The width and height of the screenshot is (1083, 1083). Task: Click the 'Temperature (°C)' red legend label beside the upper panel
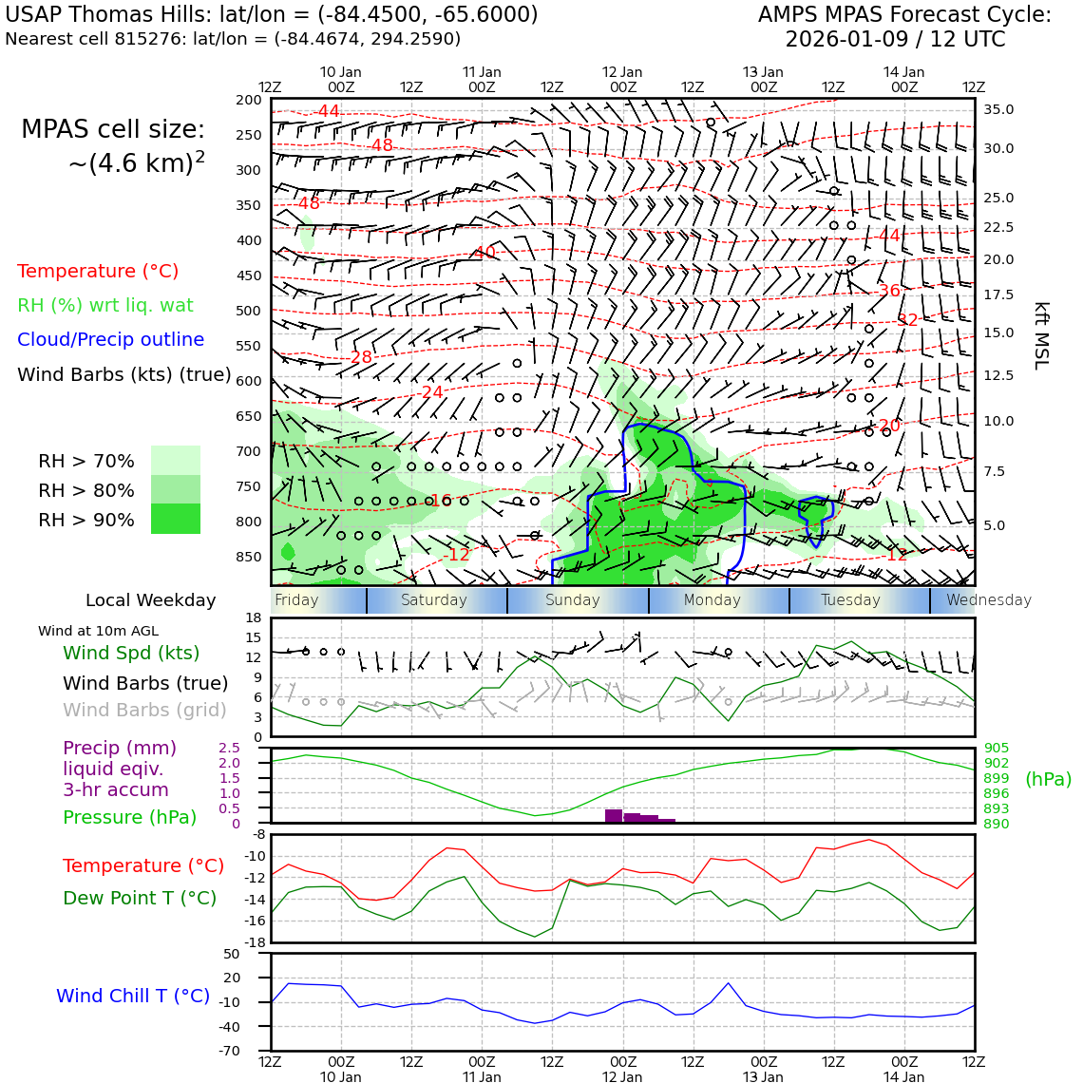point(98,272)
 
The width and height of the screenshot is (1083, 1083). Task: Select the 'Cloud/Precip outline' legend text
point(110,340)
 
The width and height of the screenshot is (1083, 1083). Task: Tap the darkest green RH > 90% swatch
point(176,519)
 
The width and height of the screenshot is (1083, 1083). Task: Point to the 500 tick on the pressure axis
point(248,311)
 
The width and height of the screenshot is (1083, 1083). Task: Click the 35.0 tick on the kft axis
point(997,110)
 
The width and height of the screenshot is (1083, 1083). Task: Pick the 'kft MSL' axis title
point(1041,335)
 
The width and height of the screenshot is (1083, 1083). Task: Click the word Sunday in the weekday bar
point(572,600)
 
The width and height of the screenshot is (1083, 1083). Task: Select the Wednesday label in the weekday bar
point(988,600)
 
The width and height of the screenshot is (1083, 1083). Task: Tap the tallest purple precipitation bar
point(614,815)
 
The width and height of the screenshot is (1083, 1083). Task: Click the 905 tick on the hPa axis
point(997,749)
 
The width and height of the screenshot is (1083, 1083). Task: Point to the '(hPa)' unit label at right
point(1048,780)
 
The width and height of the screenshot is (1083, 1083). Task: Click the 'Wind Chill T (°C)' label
point(133,996)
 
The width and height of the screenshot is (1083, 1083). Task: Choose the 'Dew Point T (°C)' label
point(140,898)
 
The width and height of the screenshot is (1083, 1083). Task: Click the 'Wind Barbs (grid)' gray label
point(144,711)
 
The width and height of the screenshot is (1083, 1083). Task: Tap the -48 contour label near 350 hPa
point(309,203)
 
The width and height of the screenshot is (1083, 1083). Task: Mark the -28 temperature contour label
point(361,357)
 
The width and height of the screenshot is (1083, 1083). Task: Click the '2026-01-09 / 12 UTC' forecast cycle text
point(894,40)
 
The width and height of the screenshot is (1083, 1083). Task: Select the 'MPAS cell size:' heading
point(113,130)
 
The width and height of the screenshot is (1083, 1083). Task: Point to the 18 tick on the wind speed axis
point(253,618)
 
